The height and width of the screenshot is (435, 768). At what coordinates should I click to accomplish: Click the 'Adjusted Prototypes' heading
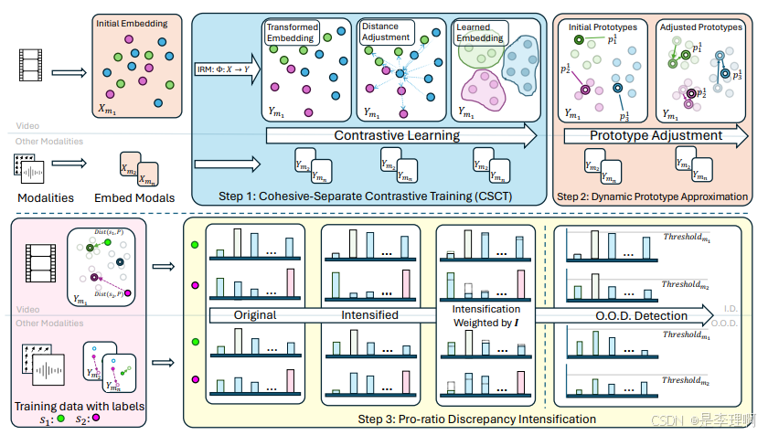[x=700, y=27]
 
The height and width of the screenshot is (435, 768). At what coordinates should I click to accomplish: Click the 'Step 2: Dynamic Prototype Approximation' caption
[x=653, y=196]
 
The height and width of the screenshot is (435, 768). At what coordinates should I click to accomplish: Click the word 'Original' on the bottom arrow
[x=255, y=315]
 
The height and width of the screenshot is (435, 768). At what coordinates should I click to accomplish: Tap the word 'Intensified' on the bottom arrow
[x=369, y=315]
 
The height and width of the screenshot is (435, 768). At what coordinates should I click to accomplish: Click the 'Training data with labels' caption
[x=80, y=406]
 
